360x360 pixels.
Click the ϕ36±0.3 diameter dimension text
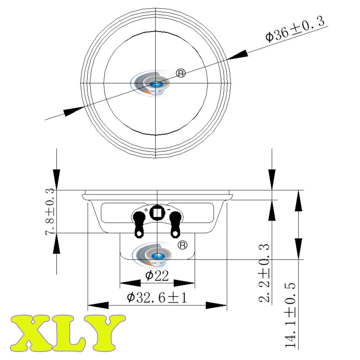click(295, 29)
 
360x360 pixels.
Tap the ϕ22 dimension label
click(157, 275)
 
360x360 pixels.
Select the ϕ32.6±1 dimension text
click(157, 298)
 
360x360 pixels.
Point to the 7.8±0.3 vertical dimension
click(49, 211)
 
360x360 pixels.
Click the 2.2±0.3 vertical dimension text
click(264, 273)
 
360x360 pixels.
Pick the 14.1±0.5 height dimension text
click(290, 315)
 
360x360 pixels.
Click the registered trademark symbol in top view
click(181, 73)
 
